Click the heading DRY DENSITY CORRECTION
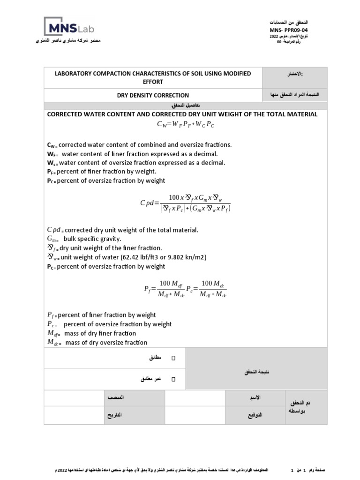tap(153, 95)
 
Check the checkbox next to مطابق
tap(173, 358)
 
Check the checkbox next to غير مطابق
tap(173, 379)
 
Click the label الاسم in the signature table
tap(255, 397)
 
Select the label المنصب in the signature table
tap(116, 397)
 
